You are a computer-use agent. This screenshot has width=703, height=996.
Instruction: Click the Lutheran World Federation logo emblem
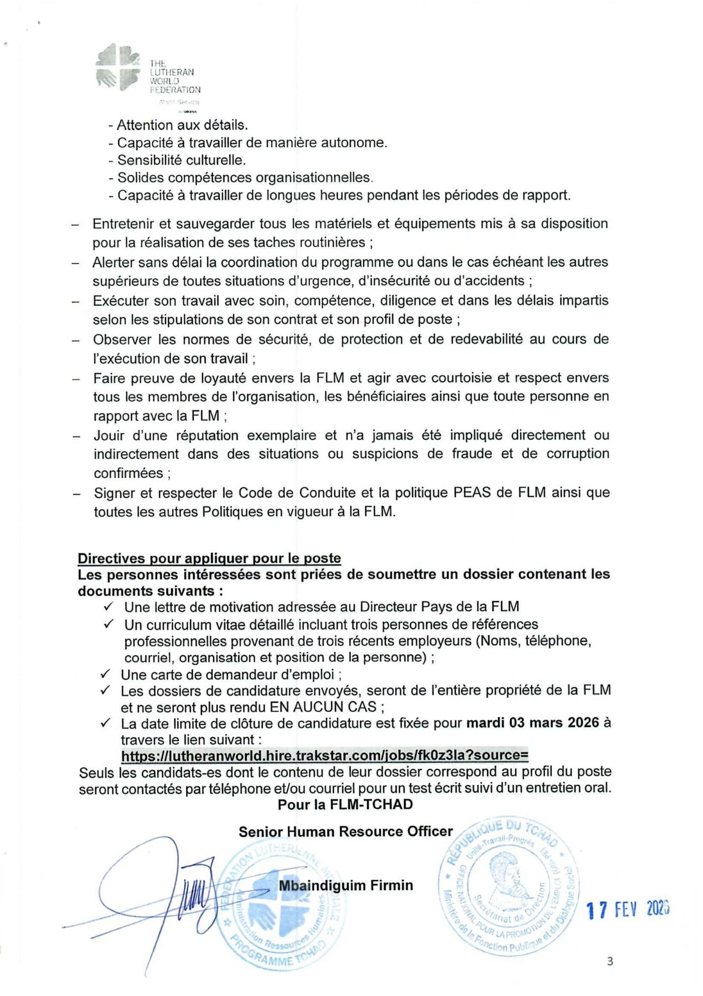point(118,68)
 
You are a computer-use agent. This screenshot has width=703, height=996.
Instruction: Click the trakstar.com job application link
point(325,755)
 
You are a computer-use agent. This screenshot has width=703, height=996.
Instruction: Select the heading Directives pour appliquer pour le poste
point(209,558)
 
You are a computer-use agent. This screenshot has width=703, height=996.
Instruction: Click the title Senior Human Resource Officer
point(345,831)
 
